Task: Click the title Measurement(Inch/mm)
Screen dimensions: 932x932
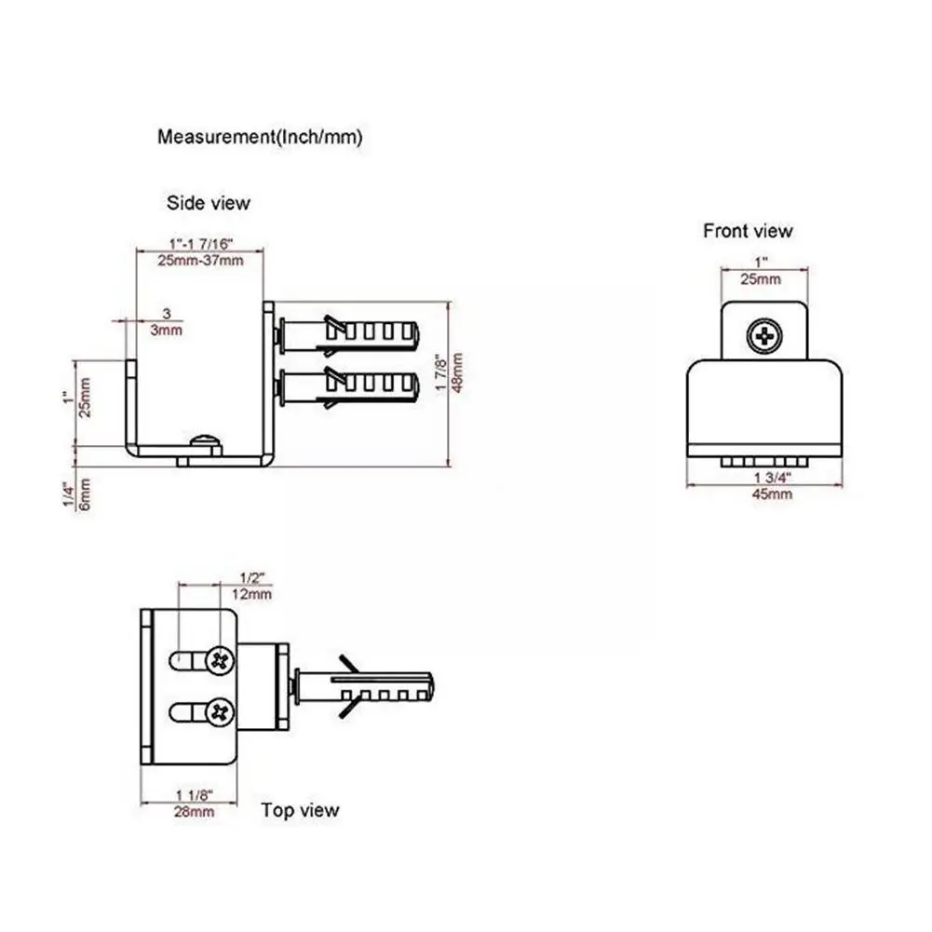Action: pyautogui.click(x=259, y=137)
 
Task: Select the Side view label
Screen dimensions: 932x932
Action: pyautogui.click(x=209, y=202)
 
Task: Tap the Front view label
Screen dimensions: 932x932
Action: pyautogui.click(x=748, y=231)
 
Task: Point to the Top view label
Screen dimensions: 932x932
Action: pyautogui.click(x=300, y=810)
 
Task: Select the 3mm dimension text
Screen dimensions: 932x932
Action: pyautogui.click(x=167, y=330)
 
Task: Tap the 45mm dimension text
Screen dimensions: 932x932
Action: pyautogui.click(x=772, y=493)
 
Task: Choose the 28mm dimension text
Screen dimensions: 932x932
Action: pyautogui.click(x=195, y=811)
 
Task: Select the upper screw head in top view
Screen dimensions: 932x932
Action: pyautogui.click(x=220, y=661)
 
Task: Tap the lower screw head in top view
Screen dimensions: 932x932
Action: pyautogui.click(x=220, y=712)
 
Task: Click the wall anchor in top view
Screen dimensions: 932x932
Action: pyautogui.click(x=363, y=688)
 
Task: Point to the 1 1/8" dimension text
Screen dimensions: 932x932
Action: pyautogui.click(x=195, y=795)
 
